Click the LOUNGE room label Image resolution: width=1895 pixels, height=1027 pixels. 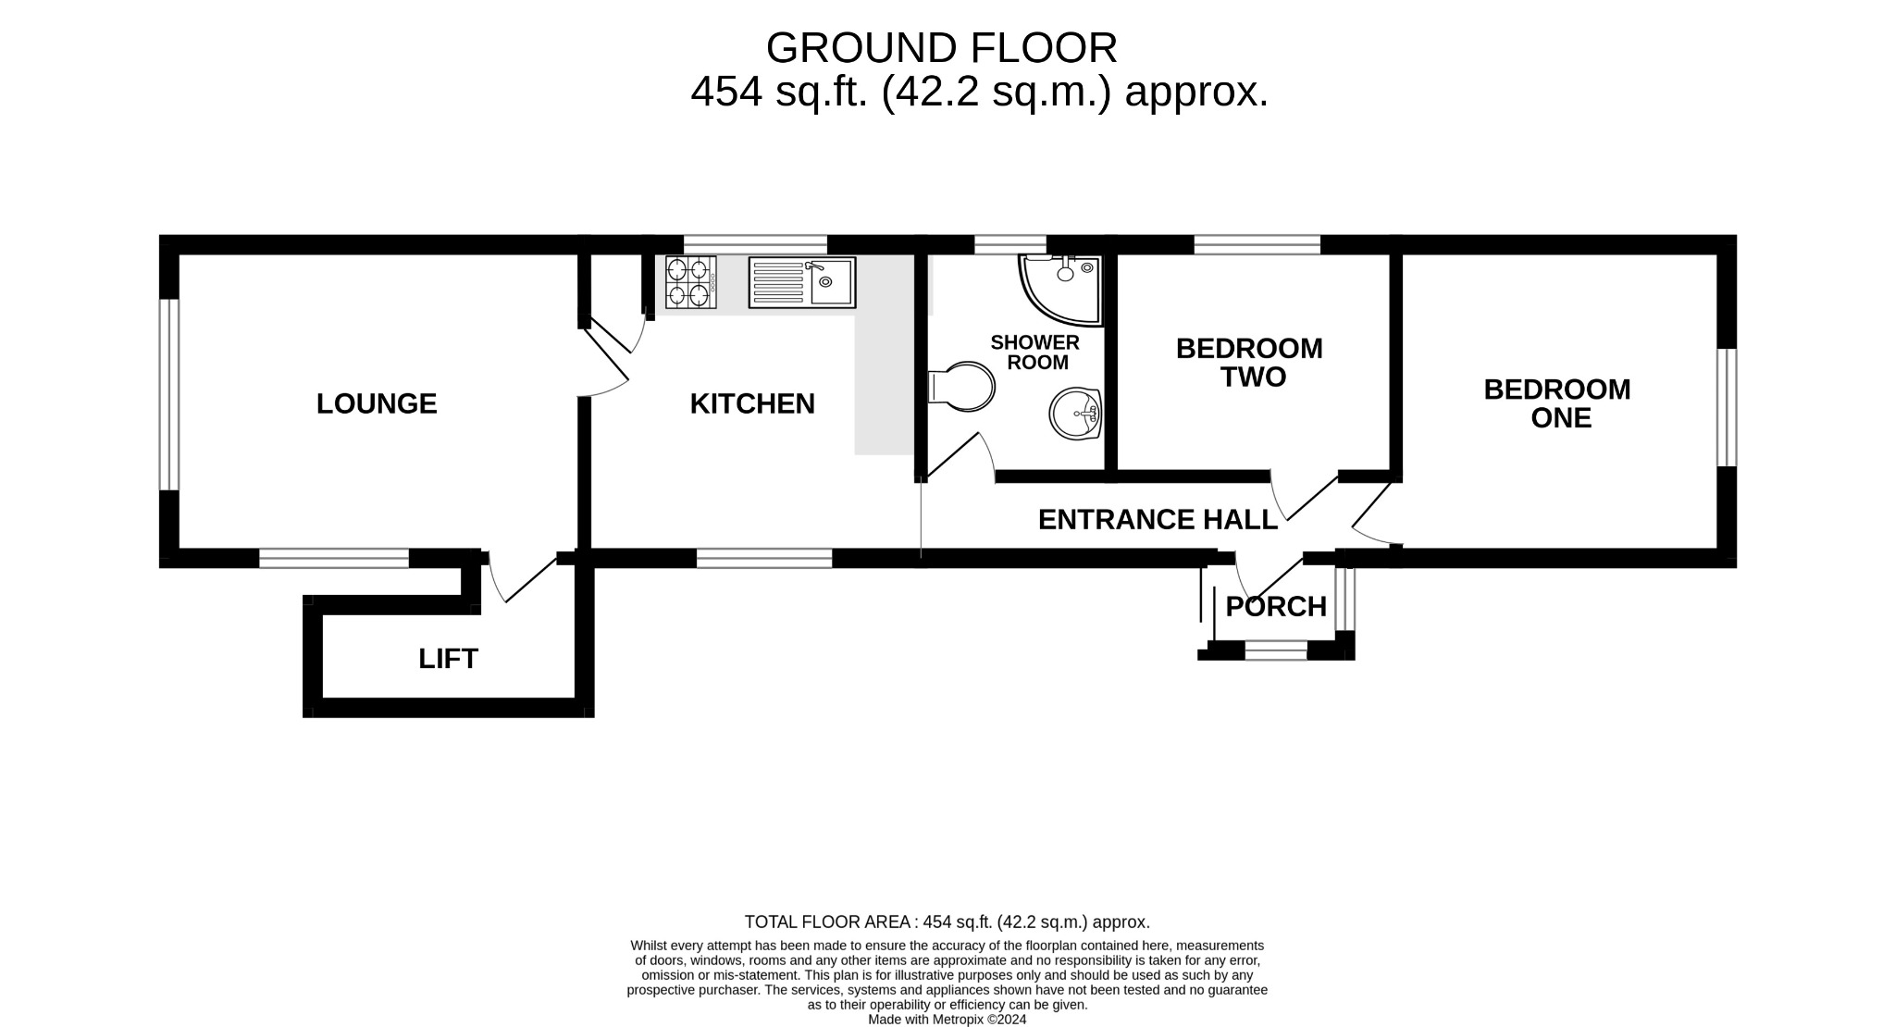(x=376, y=403)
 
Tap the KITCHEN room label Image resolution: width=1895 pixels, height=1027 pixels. (x=752, y=403)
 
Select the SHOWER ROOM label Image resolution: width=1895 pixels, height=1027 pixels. (x=1035, y=353)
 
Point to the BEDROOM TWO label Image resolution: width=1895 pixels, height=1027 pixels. (x=1249, y=363)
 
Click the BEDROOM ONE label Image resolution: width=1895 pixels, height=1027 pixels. (x=1557, y=402)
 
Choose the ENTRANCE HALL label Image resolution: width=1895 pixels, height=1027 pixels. (x=1158, y=519)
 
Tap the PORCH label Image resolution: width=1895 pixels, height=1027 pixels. (x=1276, y=607)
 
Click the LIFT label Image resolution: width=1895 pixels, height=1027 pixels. (x=448, y=659)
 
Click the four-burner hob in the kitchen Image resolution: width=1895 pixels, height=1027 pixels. (x=690, y=282)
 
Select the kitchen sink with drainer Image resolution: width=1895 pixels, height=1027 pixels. (x=802, y=282)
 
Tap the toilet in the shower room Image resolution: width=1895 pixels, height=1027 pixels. (x=962, y=386)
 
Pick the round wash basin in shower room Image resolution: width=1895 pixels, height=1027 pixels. (x=1075, y=414)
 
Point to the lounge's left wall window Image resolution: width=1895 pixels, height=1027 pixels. (x=168, y=393)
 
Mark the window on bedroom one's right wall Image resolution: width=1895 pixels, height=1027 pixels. (x=1727, y=407)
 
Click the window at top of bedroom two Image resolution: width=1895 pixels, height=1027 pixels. (x=1257, y=244)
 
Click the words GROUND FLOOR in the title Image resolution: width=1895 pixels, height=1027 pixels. (x=941, y=48)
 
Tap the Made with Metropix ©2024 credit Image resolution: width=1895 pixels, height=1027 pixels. (x=947, y=1020)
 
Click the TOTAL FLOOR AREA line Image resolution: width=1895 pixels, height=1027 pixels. (x=947, y=922)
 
